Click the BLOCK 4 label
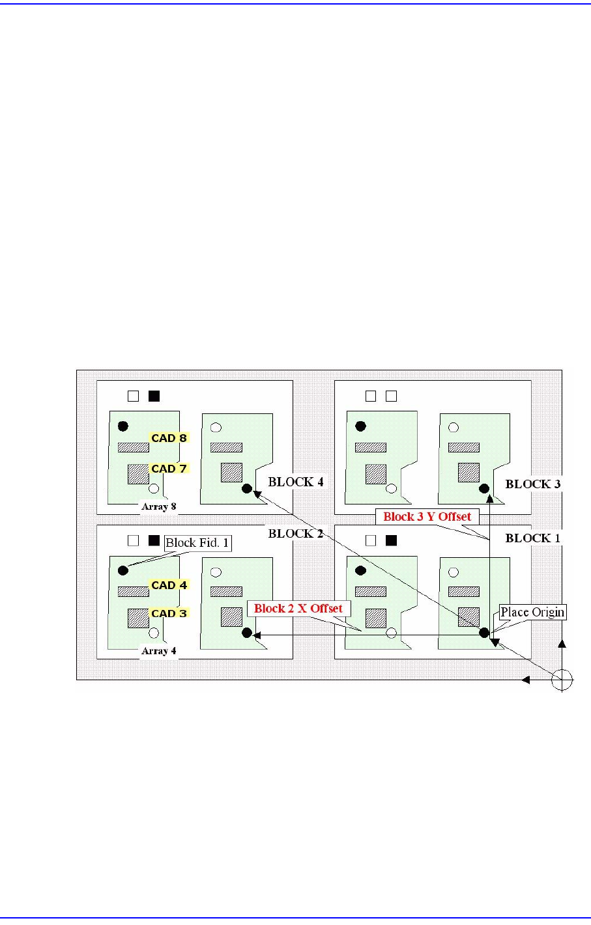[x=296, y=482]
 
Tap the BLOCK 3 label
[x=532, y=484]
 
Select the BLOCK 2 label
[x=296, y=534]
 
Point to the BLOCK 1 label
[x=532, y=538]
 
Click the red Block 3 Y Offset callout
[x=427, y=517]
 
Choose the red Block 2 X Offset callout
[x=298, y=609]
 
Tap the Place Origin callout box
[x=532, y=613]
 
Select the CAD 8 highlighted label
[x=169, y=438]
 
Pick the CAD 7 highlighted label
[x=169, y=469]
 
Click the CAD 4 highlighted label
[x=169, y=585]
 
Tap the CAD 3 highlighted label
[x=169, y=613]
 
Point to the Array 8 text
[x=159, y=506]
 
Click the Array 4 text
[x=159, y=651]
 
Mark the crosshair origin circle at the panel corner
[x=562, y=680]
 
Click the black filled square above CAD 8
[x=154, y=396]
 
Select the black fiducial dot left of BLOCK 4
[x=246, y=488]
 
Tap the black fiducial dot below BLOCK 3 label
[x=484, y=488]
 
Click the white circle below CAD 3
[x=154, y=633]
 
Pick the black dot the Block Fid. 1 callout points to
[x=123, y=570]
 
